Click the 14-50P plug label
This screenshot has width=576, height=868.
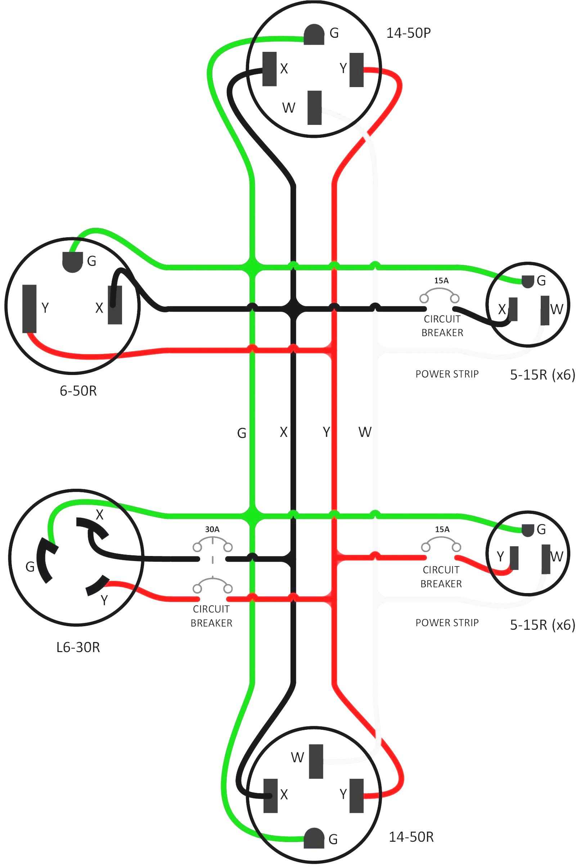click(x=408, y=33)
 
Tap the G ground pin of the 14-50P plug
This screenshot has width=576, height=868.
click(x=314, y=35)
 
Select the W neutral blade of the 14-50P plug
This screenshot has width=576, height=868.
click(x=314, y=108)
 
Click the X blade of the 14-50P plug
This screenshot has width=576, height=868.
click(x=269, y=69)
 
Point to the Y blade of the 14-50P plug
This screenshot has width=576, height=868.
click(x=356, y=70)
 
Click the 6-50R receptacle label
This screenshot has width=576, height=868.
click(x=78, y=391)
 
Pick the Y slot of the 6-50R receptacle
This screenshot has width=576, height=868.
click(x=30, y=308)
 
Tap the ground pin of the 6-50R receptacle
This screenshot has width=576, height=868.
click(x=72, y=262)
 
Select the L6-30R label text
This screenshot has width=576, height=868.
click(x=78, y=647)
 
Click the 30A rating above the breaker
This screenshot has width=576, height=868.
click(x=212, y=529)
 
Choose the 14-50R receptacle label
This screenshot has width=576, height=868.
click(x=411, y=837)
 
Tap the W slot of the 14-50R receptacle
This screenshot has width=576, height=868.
click(x=316, y=761)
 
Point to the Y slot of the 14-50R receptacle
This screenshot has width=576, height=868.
click(x=356, y=796)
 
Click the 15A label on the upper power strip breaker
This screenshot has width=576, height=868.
click(x=441, y=281)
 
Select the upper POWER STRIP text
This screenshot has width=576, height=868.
click(x=447, y=374)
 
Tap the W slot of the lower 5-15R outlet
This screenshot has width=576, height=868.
click(x=546, y=559)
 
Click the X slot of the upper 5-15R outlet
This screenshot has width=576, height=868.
click(x=513, y=309)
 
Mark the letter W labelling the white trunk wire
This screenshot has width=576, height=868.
click(x=365, y=432)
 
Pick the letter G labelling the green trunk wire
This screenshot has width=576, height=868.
click(x=241, y=433)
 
